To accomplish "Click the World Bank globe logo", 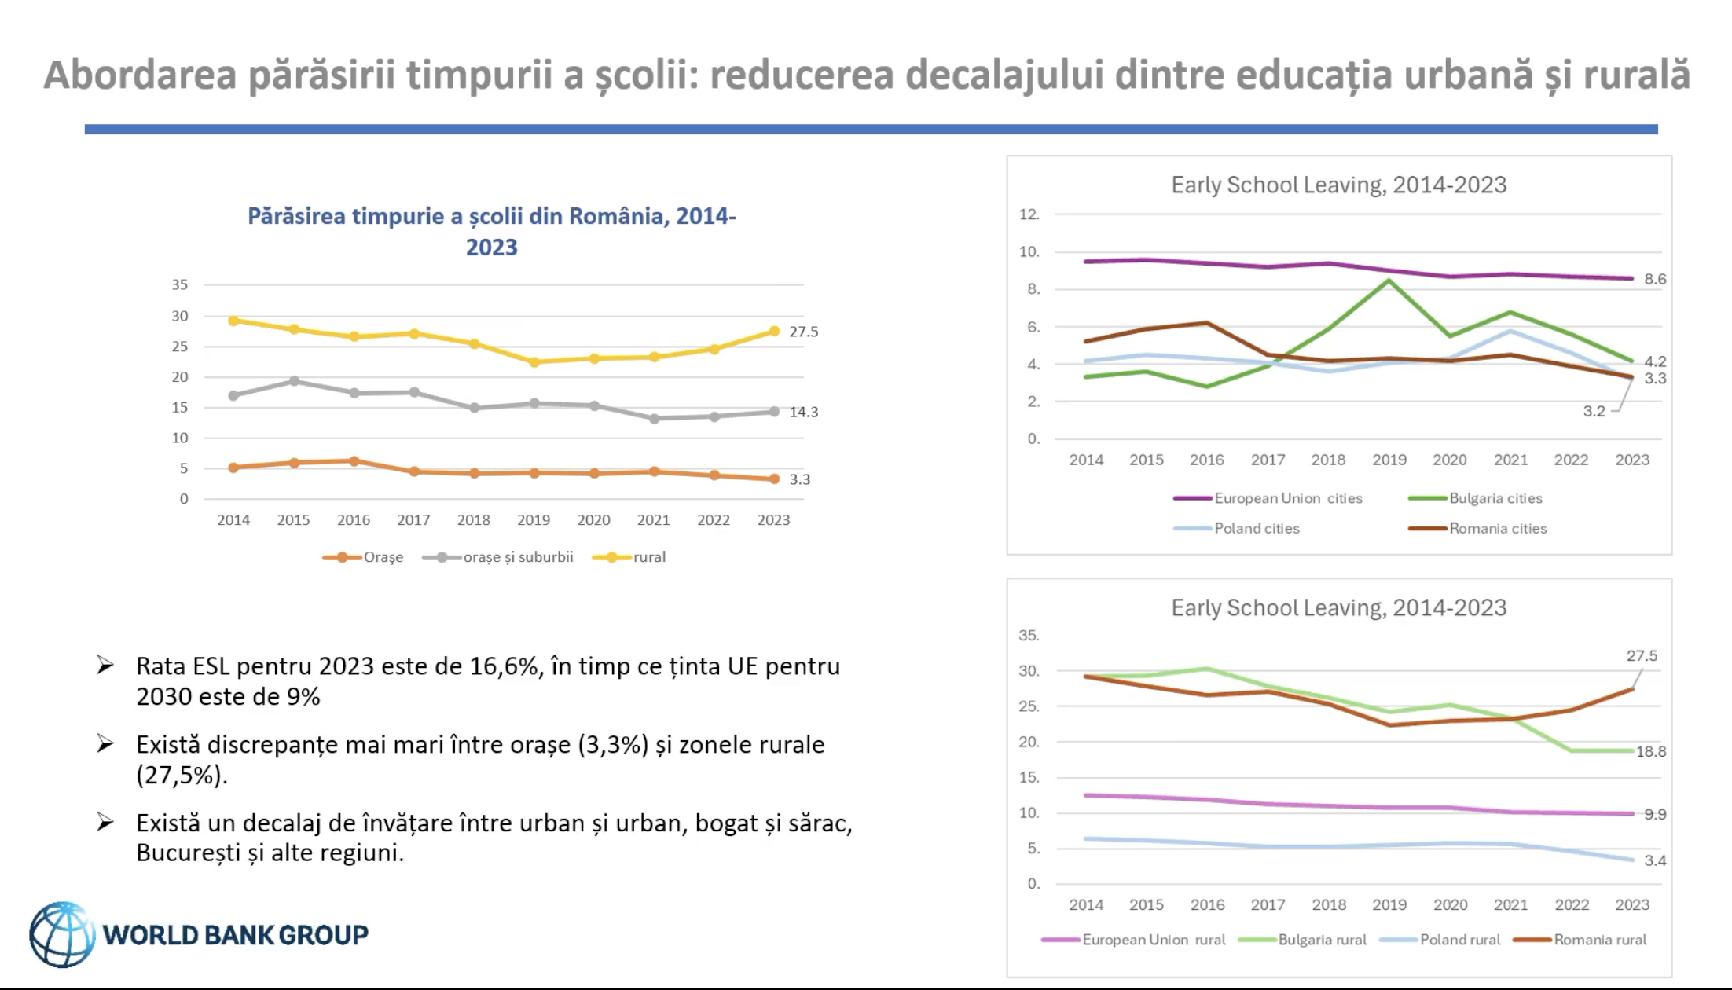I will point(61,933).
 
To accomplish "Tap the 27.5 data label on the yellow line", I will point(803,332).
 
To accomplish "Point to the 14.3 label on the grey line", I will point(803,412).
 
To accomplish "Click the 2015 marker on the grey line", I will point(294,381).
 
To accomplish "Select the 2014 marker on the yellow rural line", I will point(233,321).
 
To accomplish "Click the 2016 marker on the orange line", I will point(354,461).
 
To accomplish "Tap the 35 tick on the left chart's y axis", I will point(180,284).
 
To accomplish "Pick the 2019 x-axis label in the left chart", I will point(534,520).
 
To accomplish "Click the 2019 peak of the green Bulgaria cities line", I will point(1389,280).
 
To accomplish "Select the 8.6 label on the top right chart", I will point(1655,279).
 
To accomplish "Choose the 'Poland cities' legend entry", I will point(1257,529).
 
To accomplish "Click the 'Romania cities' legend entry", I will point(1498,529).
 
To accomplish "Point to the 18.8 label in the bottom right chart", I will point(1650,751).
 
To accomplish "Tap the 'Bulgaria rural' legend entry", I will point(1322,940).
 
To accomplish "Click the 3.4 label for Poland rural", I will point(1655,860).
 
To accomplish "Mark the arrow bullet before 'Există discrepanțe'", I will point(105,743).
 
